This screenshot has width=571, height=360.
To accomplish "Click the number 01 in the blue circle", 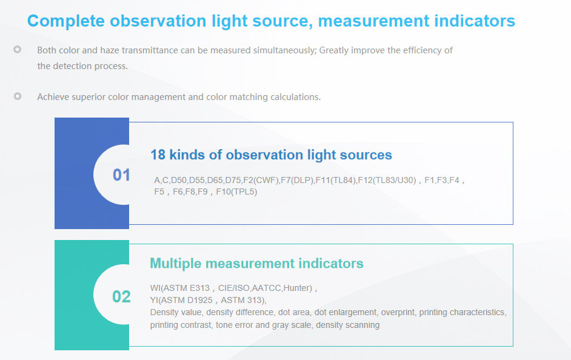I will [121, 175].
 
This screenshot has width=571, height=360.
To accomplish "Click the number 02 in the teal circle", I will [121, 296].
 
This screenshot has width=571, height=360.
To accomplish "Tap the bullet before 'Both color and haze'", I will [18, 49].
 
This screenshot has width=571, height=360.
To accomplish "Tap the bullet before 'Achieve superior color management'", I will [18, 96].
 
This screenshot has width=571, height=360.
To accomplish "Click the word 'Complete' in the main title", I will [66, 21].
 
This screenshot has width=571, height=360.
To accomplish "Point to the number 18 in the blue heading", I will [158, 155].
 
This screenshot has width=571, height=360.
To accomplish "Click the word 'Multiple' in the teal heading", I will [175, 264].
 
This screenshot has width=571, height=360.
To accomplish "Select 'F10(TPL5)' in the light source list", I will [236, 192].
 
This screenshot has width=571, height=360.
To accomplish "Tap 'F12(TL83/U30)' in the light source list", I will [387, 180].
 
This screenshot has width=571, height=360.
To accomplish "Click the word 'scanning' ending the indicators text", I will [362, 325].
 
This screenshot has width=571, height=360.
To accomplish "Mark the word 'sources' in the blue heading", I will [369, 155].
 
